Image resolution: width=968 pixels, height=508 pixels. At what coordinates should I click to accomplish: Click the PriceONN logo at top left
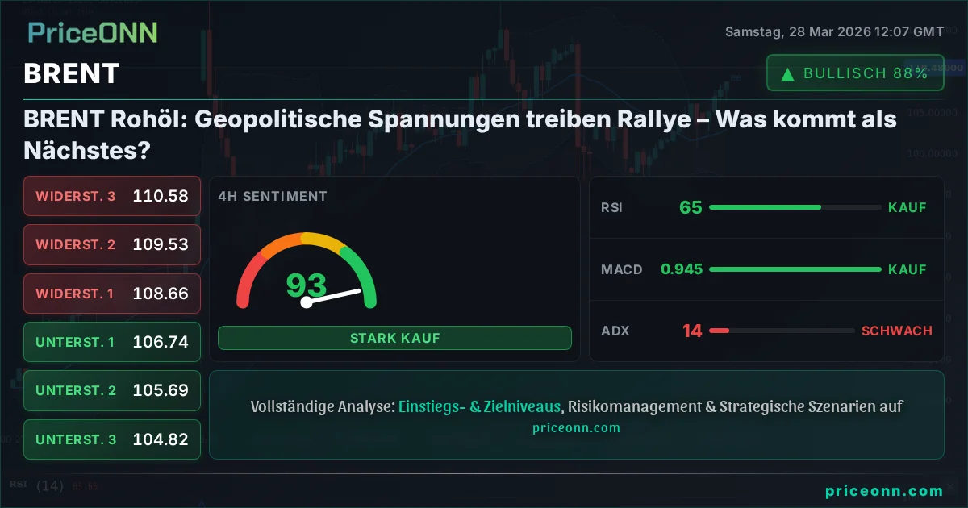coord(93,32)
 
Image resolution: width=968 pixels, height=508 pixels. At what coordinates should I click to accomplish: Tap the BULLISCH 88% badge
coord(855,73)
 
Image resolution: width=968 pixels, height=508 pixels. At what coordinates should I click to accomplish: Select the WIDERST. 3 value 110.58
coord(161,196)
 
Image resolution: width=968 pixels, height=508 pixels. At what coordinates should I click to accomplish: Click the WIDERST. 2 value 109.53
coord(161,244)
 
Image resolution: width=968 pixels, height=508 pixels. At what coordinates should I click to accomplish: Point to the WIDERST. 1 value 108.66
coord(161,294)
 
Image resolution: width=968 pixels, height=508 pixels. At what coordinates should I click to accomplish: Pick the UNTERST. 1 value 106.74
coord(161,342)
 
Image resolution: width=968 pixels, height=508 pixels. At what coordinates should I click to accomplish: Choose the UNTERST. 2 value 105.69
coord(161,390)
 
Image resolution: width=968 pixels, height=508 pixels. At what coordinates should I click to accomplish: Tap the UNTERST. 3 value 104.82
coord(161,439)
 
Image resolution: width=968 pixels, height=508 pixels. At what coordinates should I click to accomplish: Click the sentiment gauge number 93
coord(307,285)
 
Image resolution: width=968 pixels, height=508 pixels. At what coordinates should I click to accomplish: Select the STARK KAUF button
coord(394,338)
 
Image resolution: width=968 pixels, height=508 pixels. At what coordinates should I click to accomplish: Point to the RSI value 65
coord(691,207)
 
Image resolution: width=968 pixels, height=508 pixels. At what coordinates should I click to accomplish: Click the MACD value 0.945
coord(681,269)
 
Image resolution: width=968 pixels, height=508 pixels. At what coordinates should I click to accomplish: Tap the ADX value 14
coord(692,331)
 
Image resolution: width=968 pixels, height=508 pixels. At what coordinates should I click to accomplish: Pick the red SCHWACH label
coord(896,331)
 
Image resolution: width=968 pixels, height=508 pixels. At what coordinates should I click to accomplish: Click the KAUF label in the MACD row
coord(907,269)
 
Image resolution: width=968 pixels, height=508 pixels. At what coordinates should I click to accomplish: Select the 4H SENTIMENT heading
coord(273,196)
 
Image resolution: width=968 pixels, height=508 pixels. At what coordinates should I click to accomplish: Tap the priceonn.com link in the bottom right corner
coord(883,490)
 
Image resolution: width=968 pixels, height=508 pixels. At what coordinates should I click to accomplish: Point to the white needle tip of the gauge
coord(358,290)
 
